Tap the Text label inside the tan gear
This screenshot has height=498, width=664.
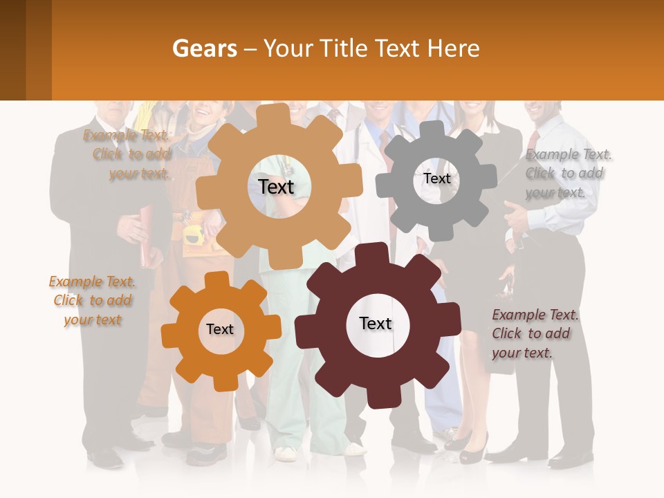[x=276, y=187]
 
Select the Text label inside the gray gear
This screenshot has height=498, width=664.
[x=436, y=178]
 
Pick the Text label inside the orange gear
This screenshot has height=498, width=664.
[x=220, y=329]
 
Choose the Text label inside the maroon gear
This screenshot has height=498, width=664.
[x=376, y=323]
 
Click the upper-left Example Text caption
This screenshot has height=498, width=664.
[x=128, y=154]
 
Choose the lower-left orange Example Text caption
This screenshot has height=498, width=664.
[x=92, y=300]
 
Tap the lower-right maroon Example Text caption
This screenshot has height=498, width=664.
[x=534, y=333]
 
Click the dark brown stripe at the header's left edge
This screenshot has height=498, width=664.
[x=12, y=50]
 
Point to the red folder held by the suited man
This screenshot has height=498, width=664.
[x=146, y=235]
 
